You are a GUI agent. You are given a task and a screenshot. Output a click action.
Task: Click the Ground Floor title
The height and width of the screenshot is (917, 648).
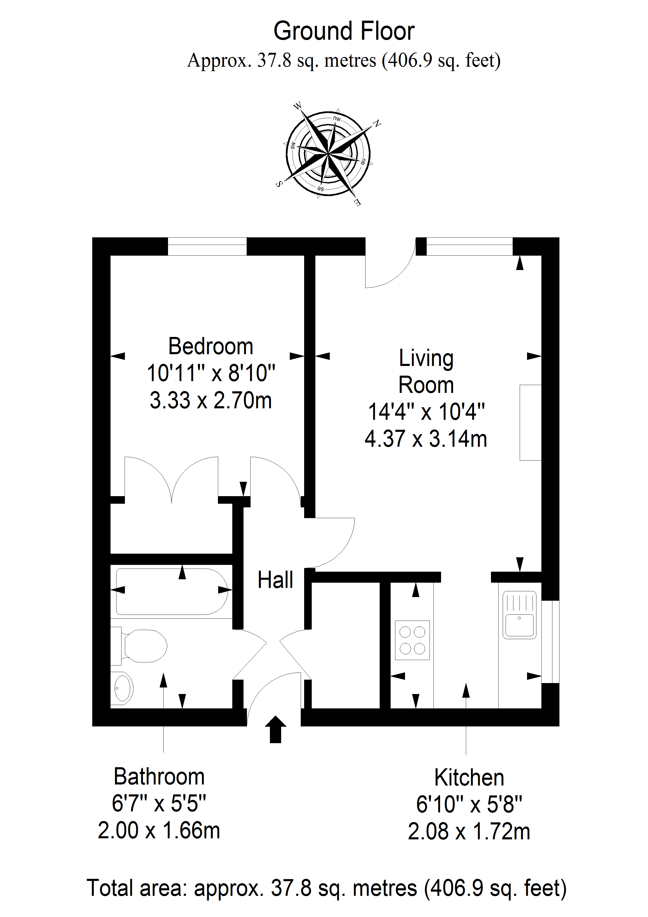(x=344, y=32)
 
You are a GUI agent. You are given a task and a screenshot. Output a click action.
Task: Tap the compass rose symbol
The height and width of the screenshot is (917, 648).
(x=328, y=154)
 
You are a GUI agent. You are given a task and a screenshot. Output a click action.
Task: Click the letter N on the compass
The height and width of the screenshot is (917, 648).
(x=377, y=124)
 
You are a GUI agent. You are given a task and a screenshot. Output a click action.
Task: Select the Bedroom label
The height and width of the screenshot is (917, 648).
(x=210, y=346)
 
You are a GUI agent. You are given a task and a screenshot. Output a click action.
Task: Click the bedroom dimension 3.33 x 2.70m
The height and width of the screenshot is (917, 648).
(x=210, y=400)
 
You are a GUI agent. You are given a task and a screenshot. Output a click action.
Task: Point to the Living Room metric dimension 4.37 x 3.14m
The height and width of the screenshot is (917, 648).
(x=426, y=439)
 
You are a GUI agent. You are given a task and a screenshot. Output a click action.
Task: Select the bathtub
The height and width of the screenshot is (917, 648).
(x=172, y=592)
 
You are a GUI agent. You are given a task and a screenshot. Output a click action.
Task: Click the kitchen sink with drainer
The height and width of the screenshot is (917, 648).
(x=519, y=615)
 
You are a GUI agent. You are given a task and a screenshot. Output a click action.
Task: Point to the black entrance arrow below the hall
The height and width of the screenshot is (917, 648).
(x=275, y=729)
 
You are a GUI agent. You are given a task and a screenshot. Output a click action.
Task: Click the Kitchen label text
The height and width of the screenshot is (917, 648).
(x=469, y=778)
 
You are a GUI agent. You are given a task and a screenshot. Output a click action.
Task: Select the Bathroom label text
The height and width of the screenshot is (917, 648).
(x=159, y=777)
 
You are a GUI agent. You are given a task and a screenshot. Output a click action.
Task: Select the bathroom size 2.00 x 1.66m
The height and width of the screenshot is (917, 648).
(x=159, y=831)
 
